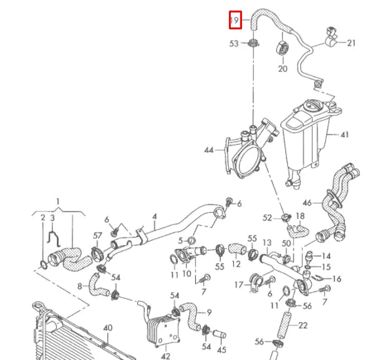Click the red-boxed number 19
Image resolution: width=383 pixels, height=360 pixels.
(x=235, y=20)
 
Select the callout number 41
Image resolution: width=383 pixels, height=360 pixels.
(x=344, y=134)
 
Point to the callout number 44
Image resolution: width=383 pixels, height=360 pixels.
(x=209, y=150)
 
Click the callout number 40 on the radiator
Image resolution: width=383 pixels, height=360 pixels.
(x=108, y=328)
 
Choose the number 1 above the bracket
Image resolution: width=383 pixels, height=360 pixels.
(x=58, y=202)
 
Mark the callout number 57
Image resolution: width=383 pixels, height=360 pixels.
(x=97, y=235)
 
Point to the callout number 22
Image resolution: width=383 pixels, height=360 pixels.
(x=303, y=324)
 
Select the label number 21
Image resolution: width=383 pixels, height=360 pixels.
(x=351, y=43)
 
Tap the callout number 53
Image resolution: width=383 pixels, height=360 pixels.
(x=234, y=44)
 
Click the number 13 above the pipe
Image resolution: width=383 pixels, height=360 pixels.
(x=266, y=242)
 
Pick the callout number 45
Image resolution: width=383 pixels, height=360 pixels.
(x=221, y=349)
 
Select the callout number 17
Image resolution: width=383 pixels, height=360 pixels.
(x=238, y=285)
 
